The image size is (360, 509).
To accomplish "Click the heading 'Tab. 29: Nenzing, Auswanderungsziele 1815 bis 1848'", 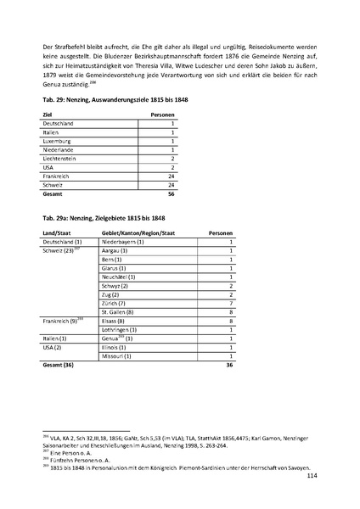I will pos(109,102).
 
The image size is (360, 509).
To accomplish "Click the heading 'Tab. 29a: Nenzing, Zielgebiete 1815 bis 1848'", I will pos(98,219).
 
